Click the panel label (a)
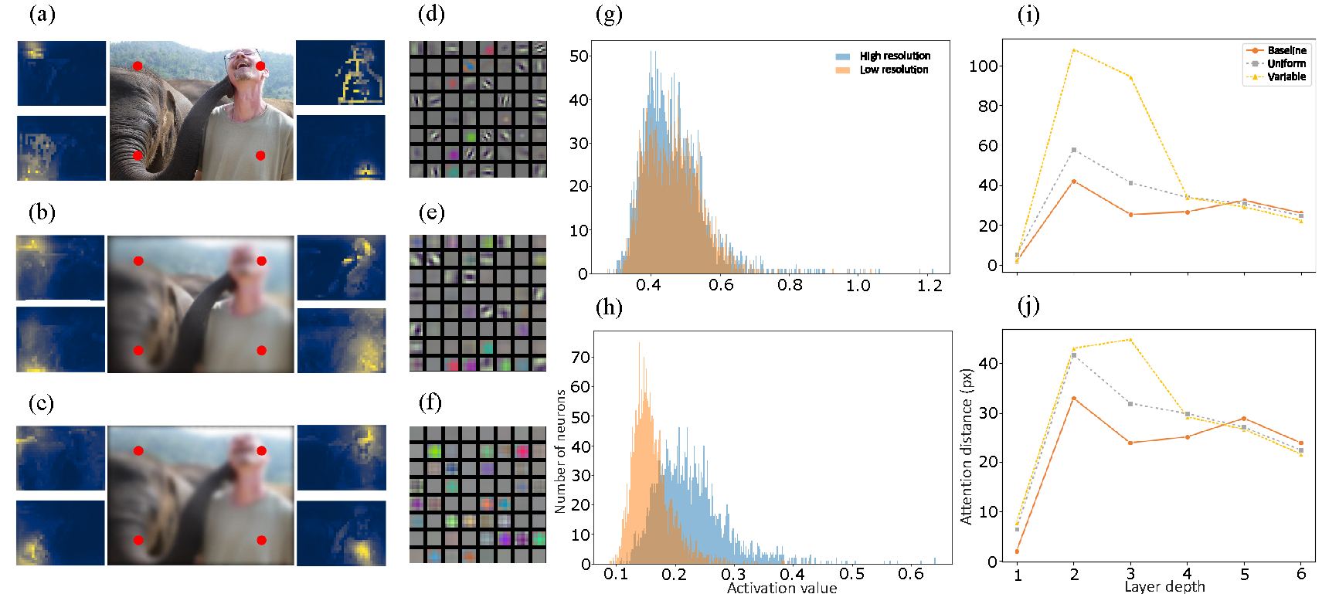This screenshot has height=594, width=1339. click(42, 15)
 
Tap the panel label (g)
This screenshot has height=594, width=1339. click(609, 15)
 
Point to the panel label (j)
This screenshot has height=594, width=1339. click(1028, 307)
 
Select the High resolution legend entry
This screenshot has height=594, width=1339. click(895, 56)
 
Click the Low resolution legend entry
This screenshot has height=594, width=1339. click(894, 70)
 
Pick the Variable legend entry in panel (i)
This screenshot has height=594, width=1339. click(1286, 77)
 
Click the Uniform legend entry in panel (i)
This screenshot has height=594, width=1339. click(1286, 64)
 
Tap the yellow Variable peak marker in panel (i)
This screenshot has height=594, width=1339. click(1074, 51)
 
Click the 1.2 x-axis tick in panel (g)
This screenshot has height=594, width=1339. click(929, 286)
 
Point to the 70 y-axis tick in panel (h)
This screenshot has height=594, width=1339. click(580, 358)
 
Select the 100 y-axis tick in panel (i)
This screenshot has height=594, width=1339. click(984, 66)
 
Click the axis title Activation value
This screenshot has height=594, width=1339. click(781, 588)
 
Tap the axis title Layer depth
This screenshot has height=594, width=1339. click(1164, 586)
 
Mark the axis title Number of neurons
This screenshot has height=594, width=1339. click(561, 451)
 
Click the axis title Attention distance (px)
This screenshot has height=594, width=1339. click(966, 446)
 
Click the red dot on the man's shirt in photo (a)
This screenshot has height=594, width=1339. click(260, 156)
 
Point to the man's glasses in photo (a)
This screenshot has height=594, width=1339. click(243, 55)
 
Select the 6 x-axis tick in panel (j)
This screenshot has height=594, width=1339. click(1301, 574)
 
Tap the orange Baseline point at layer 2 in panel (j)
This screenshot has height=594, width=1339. click(1074, 399)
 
